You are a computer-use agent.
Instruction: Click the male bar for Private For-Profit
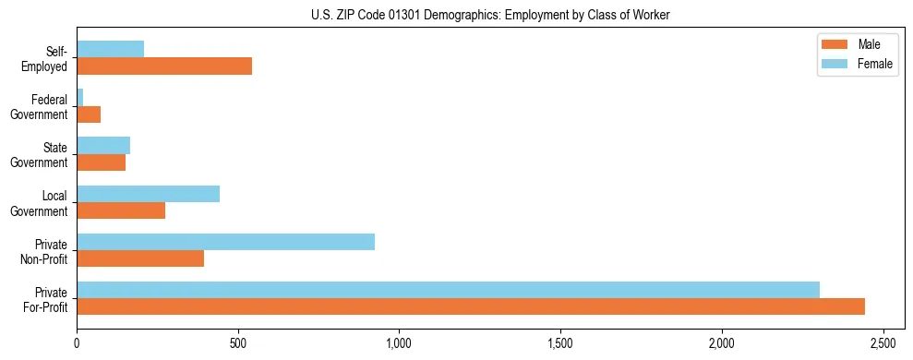click(471, 306)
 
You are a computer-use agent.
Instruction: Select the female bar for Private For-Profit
click(448, 290)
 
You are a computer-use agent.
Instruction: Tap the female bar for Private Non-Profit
click(225, 242)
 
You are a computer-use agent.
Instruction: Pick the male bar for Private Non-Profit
click(140, 258)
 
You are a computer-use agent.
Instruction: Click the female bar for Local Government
click(148, 194)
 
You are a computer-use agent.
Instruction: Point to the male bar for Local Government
click(121, 210)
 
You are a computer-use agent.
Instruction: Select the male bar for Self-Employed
click(164, 66)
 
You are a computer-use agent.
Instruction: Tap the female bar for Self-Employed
click(110, 50)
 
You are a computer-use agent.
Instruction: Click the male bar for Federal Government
click(89, 114)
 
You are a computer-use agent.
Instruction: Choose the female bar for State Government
click(103, 146)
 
